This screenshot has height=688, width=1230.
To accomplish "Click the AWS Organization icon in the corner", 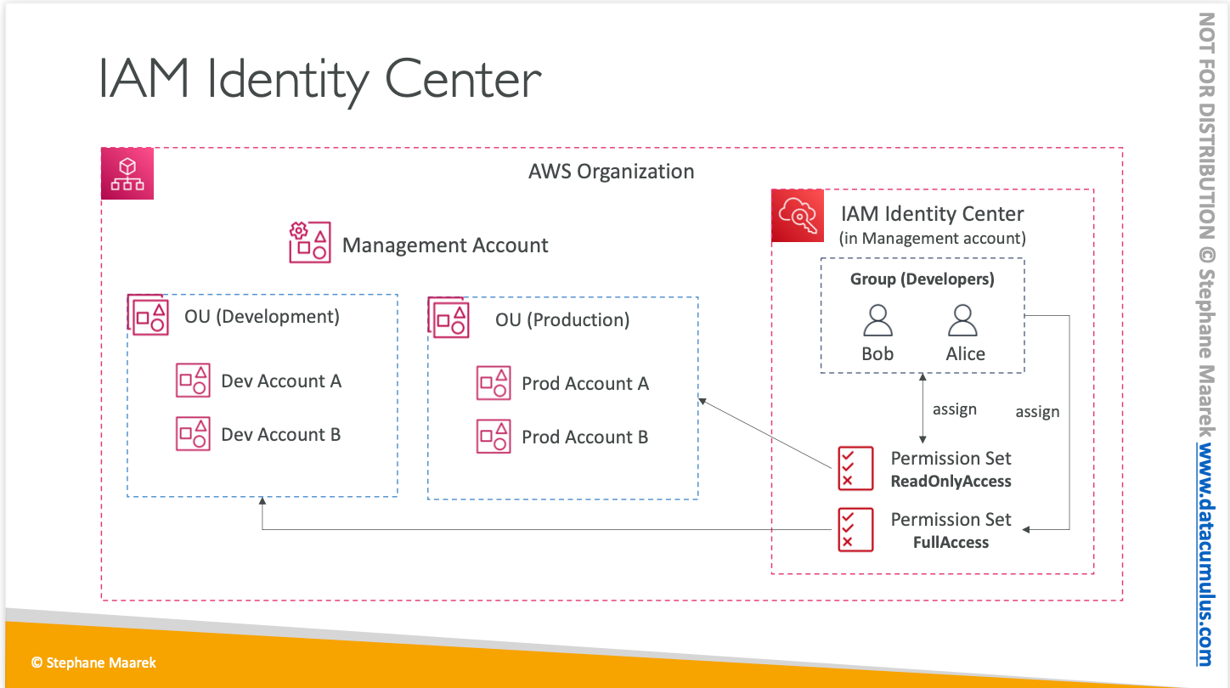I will pos(127,174).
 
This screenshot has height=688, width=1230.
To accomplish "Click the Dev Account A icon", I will pos(193,381).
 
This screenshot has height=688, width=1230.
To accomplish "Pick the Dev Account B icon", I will pos(193,434).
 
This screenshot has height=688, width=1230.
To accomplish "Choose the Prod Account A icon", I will pos(494,383).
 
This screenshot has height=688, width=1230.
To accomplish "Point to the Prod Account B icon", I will pos(494,437).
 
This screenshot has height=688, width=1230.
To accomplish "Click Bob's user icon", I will pos(877,321).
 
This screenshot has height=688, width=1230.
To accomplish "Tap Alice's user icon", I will pos(963,321).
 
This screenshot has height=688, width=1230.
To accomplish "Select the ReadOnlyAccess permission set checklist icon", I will pos(855,468).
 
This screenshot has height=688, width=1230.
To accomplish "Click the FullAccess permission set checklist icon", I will pos(855,529).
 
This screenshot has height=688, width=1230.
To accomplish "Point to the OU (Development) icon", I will pos(149,316).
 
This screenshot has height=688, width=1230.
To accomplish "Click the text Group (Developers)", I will pos(922,279).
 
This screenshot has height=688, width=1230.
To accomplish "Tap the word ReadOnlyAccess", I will pos(951,482).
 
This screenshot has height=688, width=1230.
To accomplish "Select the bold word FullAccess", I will pos(951,543).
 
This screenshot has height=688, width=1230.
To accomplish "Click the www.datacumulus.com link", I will pos(1206,544).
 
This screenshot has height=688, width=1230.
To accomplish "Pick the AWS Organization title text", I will pos(611,172).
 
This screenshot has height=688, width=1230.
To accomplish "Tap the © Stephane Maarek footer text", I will pos(93,663).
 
